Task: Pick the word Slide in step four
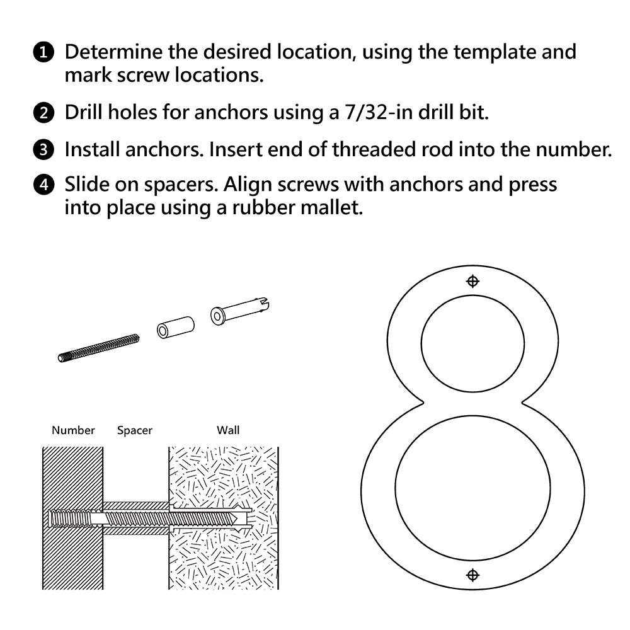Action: [x=89, y=185]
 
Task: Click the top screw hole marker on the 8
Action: [x=472, y=282]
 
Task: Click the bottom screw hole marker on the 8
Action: [x=472, y=575]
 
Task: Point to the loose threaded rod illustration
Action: [x=98, y=348]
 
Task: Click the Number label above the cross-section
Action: [x=73, y=431]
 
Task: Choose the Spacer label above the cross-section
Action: [x=135, y=431]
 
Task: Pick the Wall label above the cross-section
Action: [x=228, y=431]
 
